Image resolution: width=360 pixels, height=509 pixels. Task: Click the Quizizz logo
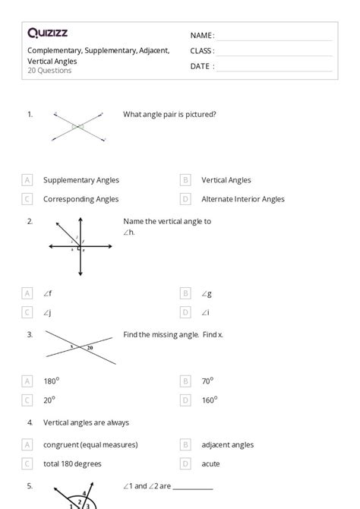point(49,33)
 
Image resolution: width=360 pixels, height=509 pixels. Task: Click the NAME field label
point(201,36)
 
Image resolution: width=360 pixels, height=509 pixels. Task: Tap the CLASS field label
point(202,51)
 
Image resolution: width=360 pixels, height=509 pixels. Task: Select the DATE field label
point(201,66)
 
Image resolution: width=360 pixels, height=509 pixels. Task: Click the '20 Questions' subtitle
point(49,71)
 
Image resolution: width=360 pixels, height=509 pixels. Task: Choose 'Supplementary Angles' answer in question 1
point(81,180)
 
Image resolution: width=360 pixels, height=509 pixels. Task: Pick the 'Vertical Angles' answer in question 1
point(226,180)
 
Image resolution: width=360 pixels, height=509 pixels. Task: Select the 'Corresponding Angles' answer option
point(81,199)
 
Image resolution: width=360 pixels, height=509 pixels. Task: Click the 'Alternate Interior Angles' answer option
point(243,199)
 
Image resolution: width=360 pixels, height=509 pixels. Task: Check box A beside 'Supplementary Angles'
point(27,180)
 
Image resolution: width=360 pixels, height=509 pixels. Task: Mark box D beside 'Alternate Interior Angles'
point(185,199)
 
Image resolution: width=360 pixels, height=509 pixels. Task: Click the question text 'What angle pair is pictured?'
point(169,114)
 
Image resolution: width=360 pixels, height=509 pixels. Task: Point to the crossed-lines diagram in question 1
point(78,127)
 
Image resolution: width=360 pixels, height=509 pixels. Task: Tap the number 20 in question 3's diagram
point(90,347)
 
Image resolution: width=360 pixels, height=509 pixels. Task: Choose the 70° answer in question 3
point(207,381)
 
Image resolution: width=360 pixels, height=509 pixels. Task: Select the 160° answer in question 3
point(209,400)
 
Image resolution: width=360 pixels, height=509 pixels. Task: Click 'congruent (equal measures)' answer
point(90,444)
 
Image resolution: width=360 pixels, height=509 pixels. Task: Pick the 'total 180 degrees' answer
point(72,463)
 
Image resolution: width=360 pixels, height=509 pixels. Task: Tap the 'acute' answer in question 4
point(211,463)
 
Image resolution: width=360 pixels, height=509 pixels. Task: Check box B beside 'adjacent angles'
point(185,444)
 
